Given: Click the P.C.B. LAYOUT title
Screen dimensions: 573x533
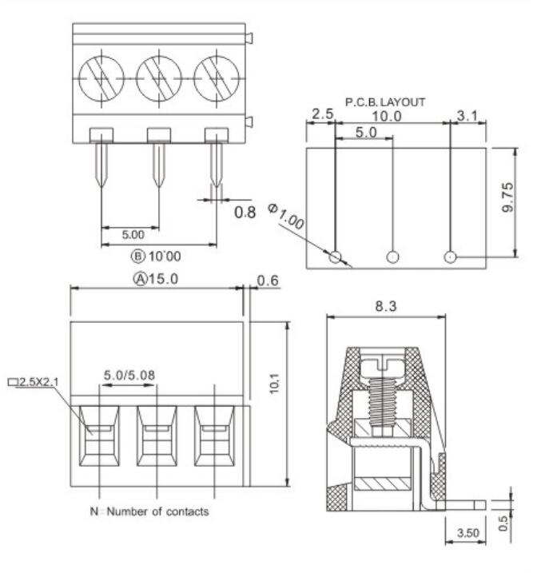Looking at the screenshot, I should (384, 102).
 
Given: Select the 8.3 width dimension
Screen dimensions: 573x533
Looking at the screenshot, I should (384, 305).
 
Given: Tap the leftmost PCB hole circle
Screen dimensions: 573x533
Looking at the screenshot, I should (336, 257).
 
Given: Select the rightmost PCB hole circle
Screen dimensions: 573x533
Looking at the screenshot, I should (451, 257).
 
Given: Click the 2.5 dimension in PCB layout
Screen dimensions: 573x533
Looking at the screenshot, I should (321, 116).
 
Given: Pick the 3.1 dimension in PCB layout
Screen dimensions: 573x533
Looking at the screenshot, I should (468, 116).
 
